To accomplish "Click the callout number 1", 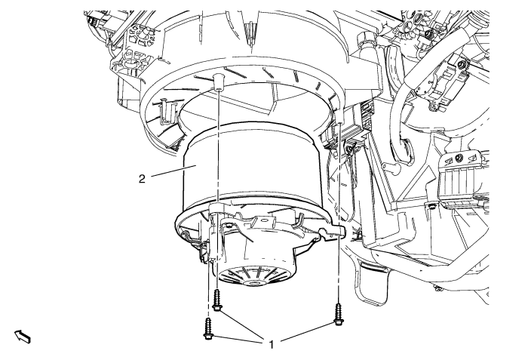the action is click(x=272, y=344).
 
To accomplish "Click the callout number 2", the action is click(x=142, y=179).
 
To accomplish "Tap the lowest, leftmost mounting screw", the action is click(x=207, y=328).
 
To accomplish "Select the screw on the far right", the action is click(x=338, y=315).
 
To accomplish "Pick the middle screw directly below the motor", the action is click(x=217, y=300).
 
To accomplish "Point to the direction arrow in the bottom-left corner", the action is click(x=23, y=337).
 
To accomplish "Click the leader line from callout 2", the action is click(x=168, y=171).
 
